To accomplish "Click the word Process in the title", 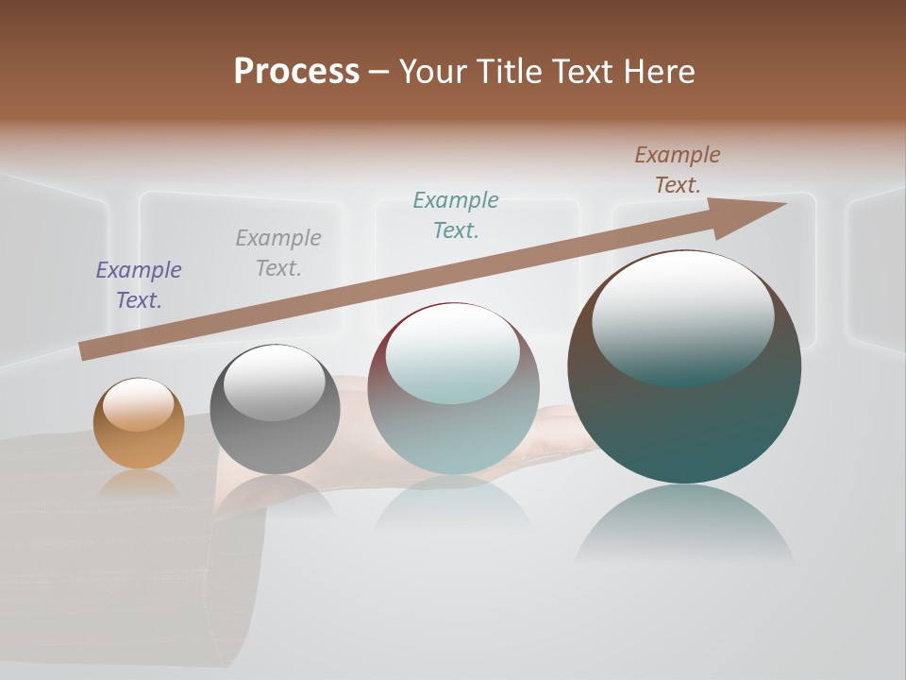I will coord(296,72).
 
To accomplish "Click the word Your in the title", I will coord(433,72).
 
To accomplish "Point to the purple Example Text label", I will coord(139,285).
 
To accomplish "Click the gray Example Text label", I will coord(278,253).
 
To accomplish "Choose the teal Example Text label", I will coord(456,215).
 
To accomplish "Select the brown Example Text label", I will coord(678,170).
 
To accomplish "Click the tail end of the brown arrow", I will coord(85,351).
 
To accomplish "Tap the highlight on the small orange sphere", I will coord(138,404).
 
